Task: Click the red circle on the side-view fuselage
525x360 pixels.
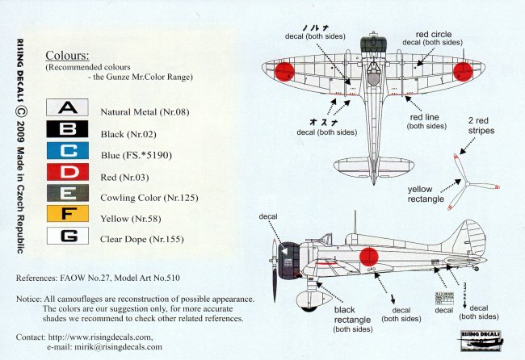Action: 368,256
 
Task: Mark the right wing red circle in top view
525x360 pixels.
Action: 464,73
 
